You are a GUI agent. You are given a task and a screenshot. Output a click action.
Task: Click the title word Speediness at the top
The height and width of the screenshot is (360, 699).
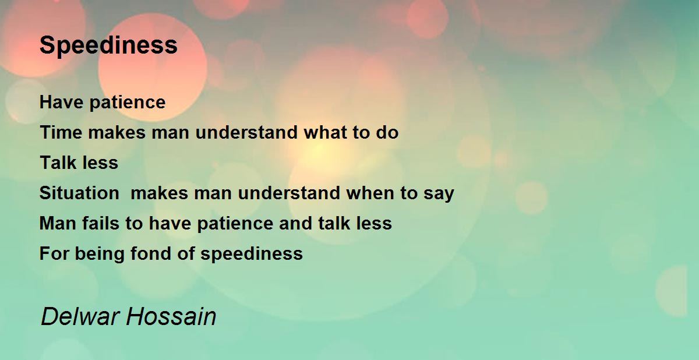click(x=108, y=46)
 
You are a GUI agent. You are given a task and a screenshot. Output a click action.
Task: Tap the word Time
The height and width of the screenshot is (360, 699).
click(x=61, y=132)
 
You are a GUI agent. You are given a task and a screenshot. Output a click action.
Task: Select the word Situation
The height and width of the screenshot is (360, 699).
click(x=79, y=192)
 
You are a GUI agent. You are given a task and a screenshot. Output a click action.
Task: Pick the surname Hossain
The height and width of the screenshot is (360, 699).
click(x=171, y=316)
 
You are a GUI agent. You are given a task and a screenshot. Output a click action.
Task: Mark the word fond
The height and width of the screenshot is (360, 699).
click(x=151, y=253)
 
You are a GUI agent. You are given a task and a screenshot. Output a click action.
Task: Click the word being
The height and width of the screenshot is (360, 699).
click(x=100, y=255)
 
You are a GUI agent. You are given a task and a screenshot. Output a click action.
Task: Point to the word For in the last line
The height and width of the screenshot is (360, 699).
click(x=54, y=253)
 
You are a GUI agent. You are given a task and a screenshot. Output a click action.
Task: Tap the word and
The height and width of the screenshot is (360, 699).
click(x=295, y=223)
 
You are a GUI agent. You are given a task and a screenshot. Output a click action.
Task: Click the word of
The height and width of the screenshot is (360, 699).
click(x=186, y=253)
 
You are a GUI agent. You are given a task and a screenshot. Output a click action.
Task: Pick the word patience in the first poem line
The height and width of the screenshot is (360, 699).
click(x=128, y=103)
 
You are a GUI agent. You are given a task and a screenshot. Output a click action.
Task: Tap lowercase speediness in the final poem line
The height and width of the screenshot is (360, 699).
click(x=252, y=254)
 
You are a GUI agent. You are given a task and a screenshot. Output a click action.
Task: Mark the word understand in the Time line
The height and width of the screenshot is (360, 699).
click(x=246, y=132)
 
